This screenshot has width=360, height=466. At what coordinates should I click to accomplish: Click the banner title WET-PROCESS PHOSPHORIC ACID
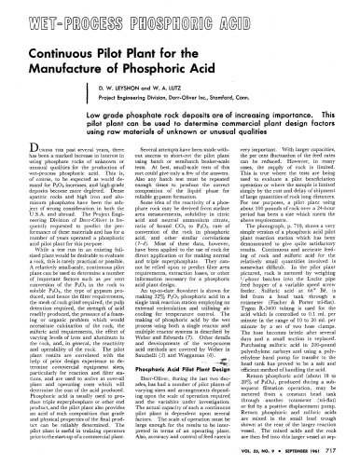pyautogui.click(x=179, y=19)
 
